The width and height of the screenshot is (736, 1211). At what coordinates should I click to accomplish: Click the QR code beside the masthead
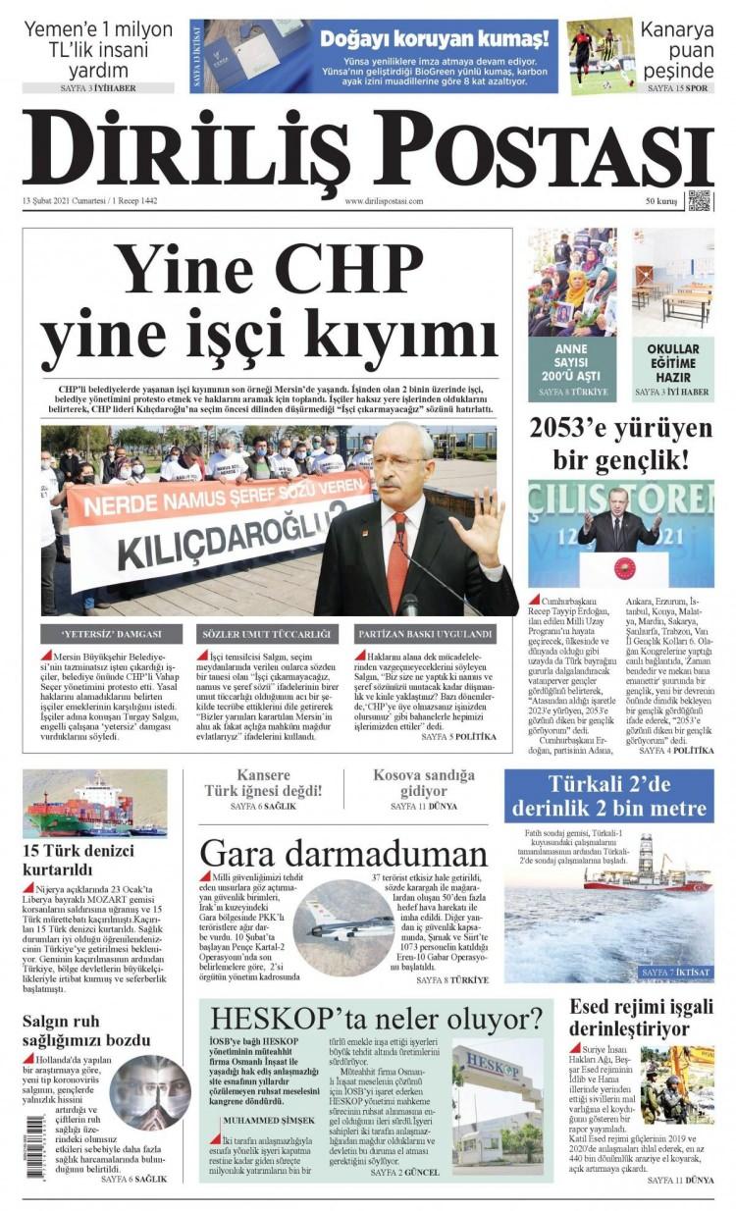[x=701, y=200]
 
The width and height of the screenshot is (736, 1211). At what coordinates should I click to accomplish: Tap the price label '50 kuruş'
[x=662, y=201]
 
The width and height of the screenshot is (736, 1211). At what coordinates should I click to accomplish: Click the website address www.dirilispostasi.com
[x=384, y=201]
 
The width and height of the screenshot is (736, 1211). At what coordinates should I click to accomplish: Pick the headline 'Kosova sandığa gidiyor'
[x=423, y=782]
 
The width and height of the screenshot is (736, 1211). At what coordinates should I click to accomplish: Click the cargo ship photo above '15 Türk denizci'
[x=95, y=804]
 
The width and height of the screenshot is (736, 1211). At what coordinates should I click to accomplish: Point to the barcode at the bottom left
[x=35, y=1148]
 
